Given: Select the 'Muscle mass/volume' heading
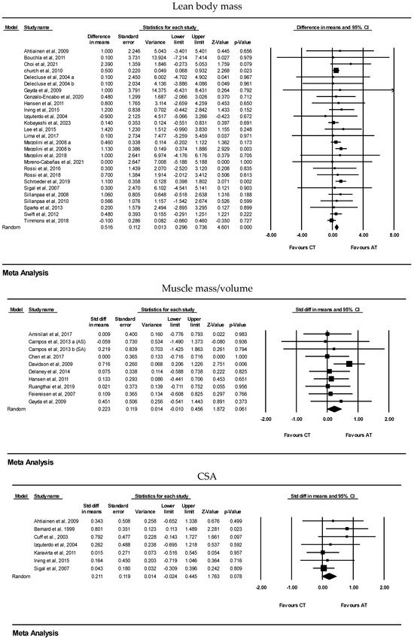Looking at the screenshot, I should [x=206, y=287].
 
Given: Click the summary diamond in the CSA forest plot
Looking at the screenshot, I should [x=328, y=576].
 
